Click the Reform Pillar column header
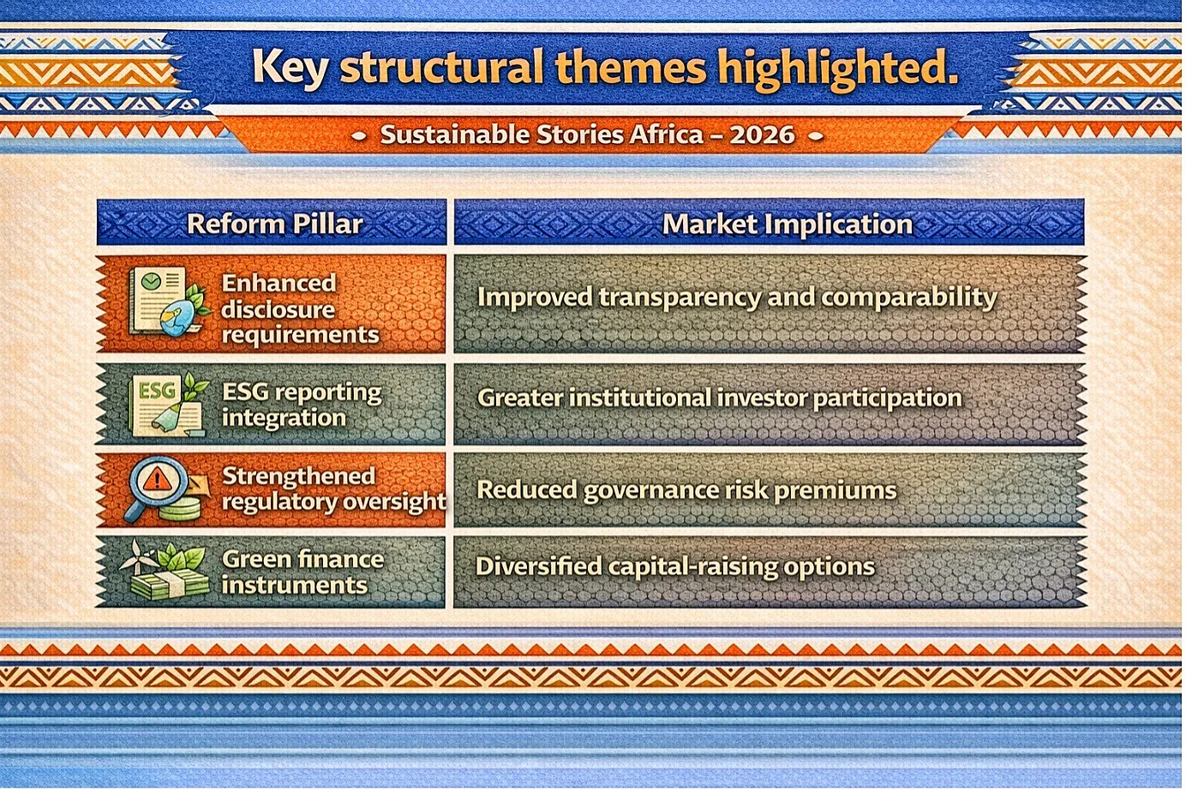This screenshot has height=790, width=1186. tap(275, 224)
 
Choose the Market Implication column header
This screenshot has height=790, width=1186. tap(788, 224)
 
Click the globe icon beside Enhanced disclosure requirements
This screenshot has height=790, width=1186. tap(176, 318)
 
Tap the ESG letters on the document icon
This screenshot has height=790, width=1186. tap(157, 392)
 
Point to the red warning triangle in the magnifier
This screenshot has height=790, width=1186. tap(157, 480)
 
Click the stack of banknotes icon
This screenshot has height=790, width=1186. tap(170, 584)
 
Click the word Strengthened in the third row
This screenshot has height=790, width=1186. tap(298, 476)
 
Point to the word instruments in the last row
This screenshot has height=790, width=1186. tap(295, 585)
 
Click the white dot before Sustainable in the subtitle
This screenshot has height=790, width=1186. tap(360, 136)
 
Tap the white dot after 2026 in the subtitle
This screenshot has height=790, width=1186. tap(816, 136)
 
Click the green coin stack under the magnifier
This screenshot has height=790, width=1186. tap(179, 509)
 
